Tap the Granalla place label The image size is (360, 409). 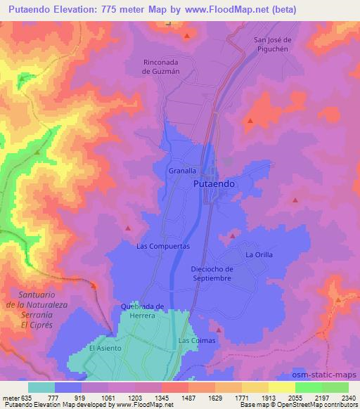click(181, 170)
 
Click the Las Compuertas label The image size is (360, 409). click(162, 247)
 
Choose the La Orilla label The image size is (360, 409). click(258, 254)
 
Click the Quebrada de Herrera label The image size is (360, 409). click(142, 311)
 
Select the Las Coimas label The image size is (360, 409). click(196, 341)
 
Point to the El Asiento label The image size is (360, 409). click(105, 348)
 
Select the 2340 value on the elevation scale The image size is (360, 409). click(348, 397)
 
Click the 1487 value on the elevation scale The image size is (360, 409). click(188, 397)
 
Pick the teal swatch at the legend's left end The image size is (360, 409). click(41, 387)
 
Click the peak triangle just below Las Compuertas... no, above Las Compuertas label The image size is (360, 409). click(128, 227)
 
